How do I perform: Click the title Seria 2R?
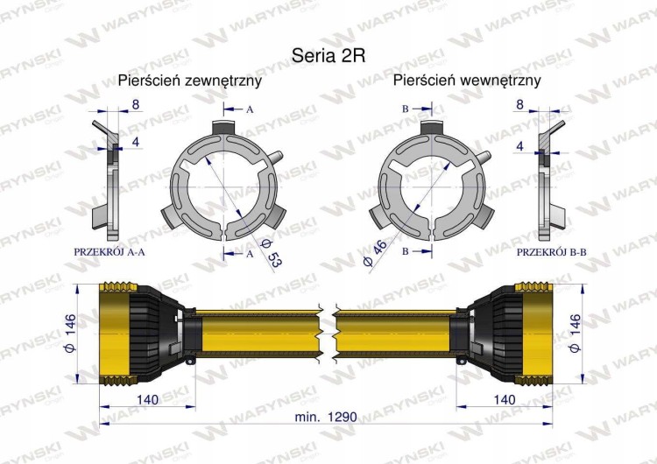coord(328,55)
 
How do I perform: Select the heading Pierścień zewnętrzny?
coord(190,81)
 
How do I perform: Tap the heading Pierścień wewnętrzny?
coord(467,81)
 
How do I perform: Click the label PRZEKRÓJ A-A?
coord(109,252)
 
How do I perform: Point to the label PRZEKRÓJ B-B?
coord(551,252)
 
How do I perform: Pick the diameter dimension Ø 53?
coord(272,253)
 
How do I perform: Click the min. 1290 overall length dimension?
coord(326,417)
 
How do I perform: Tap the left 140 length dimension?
coord(147,399)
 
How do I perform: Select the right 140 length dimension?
coord(505,399)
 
